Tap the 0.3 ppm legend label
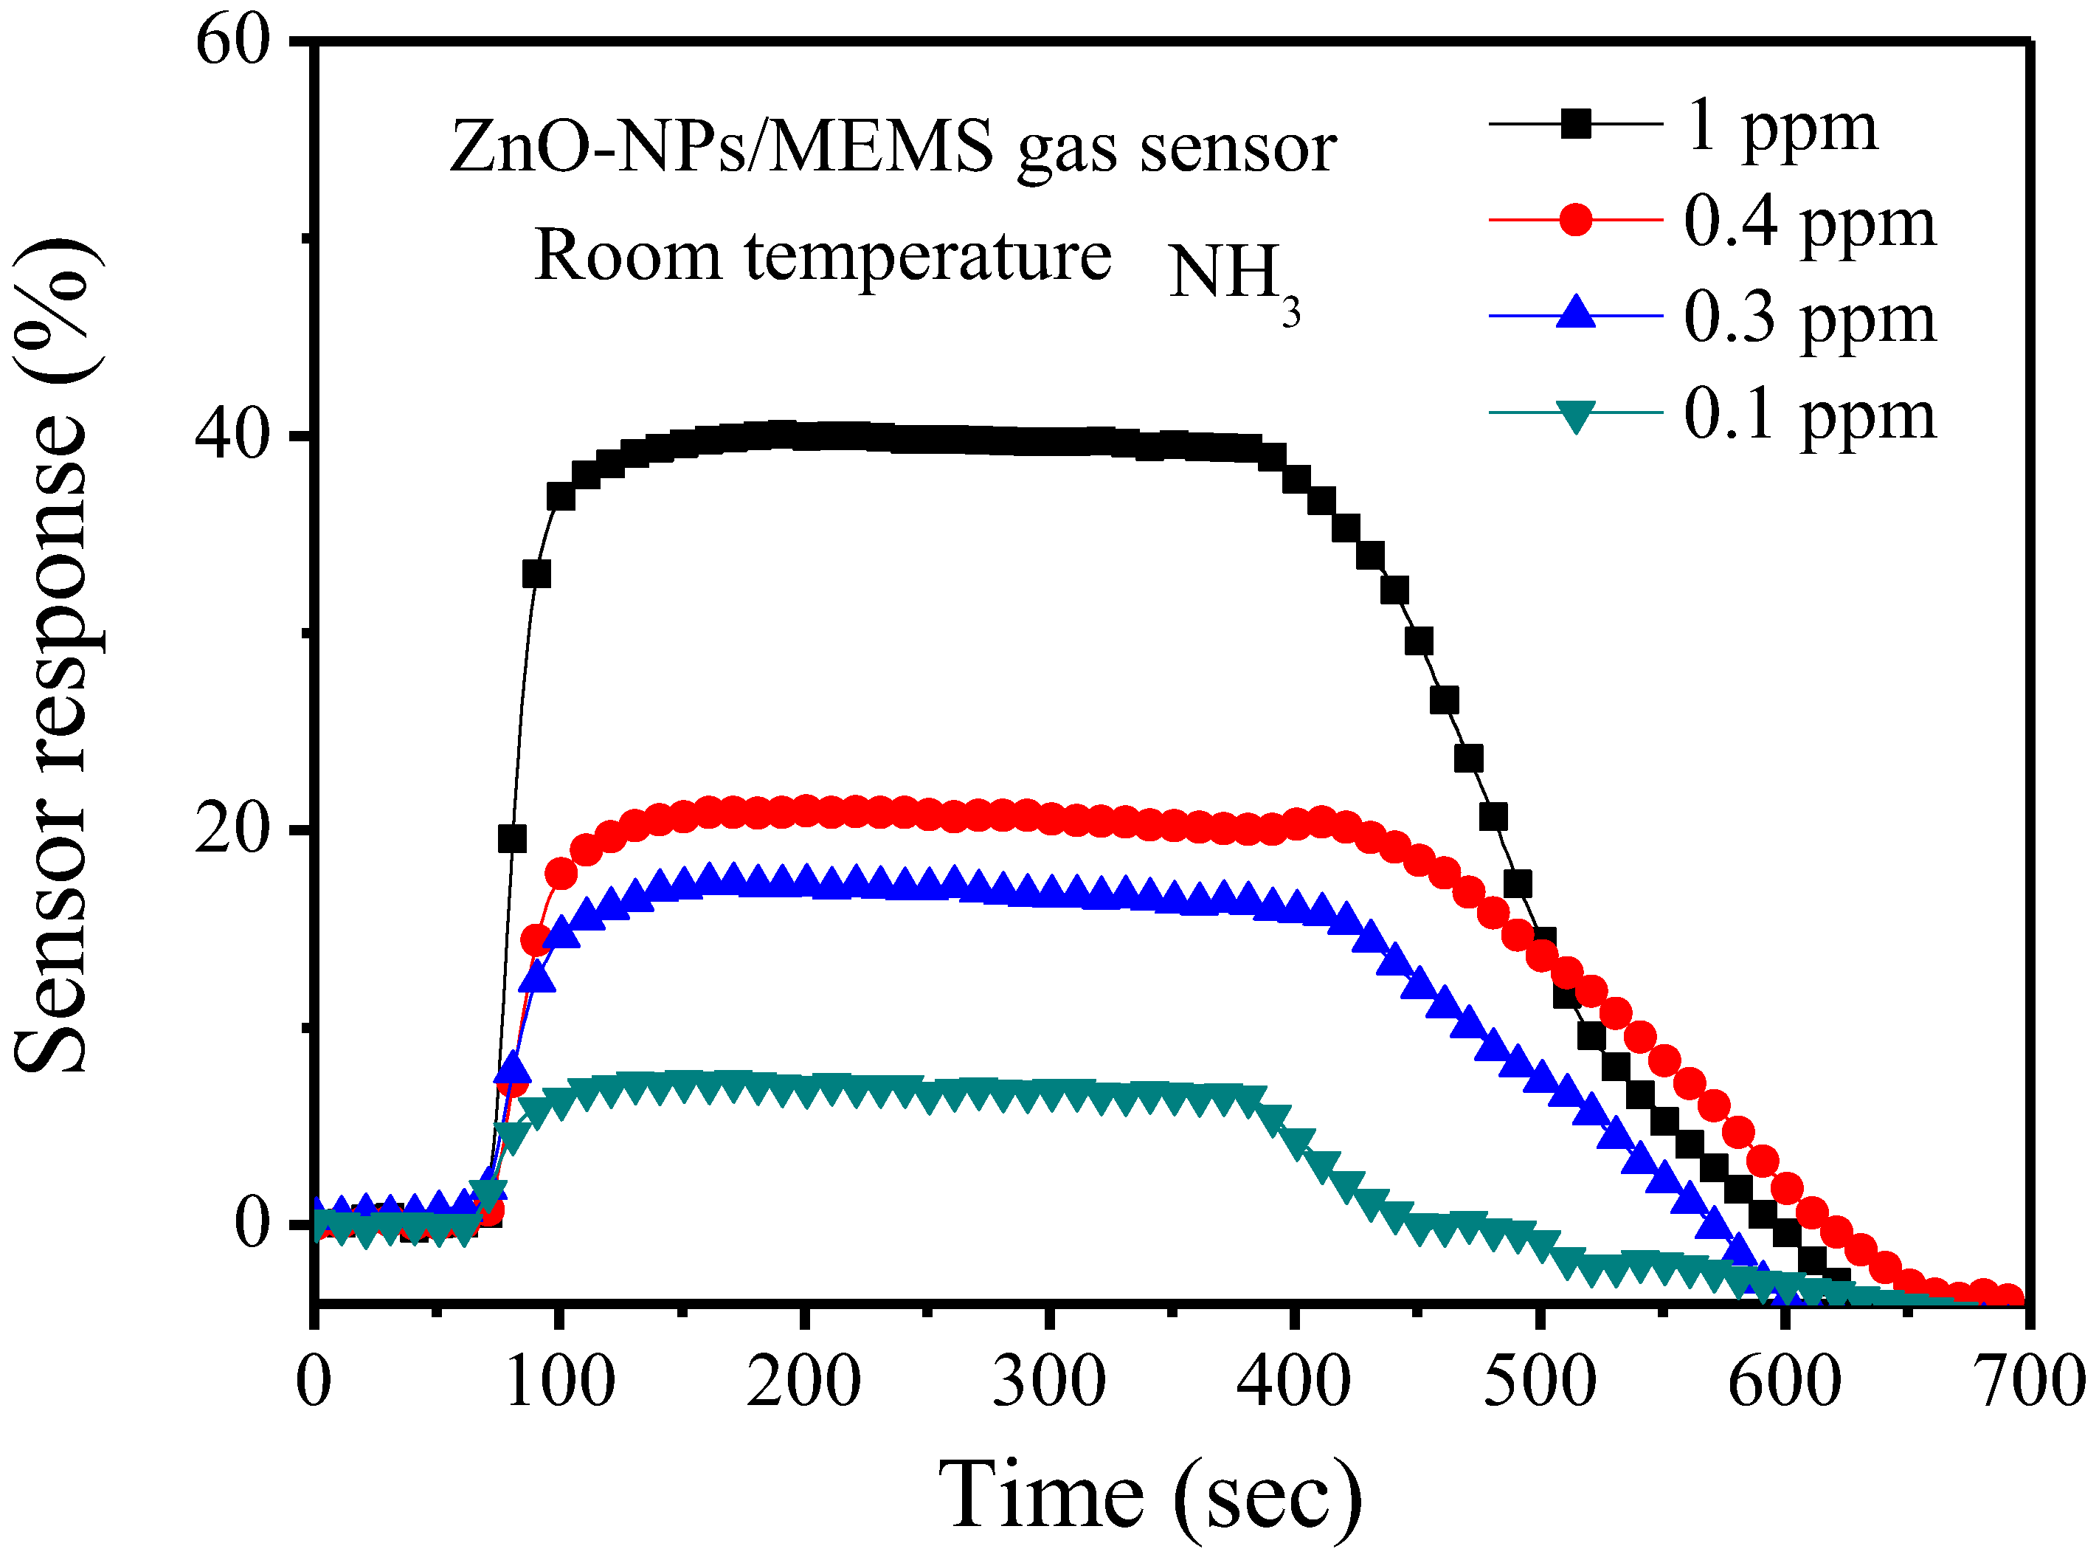pyautogui.click(x=1809, y=320)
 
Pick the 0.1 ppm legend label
pyautogui.click(x=1809, y=416)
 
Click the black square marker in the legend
pyautogui.click(x=1575, y=124)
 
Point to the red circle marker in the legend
pyautogui.click(x=1575, y=219)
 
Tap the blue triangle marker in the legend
pyautogui.click(x=1575, y=313)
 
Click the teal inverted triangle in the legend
pyautogui.click(x=1575, y=415)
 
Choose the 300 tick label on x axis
pyautogui.click(x=1049, y=1381)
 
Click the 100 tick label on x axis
pyautogui.click(x=560, y=1381)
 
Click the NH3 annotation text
pyautogui.click(x=1232, y=277)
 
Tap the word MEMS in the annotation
pyautogui.click(x=881, y=148)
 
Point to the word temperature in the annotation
pyautogui.click(x=928, y=257)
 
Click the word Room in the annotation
pyautogui.click(x=628, y=257)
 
